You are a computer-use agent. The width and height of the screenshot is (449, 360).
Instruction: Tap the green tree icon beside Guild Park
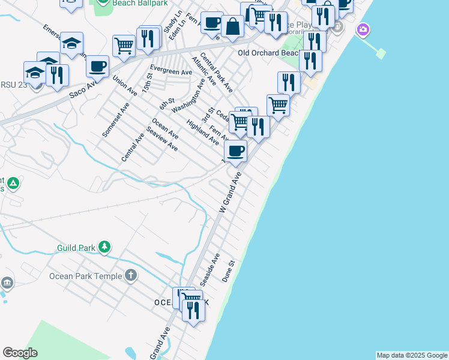coord(104,247)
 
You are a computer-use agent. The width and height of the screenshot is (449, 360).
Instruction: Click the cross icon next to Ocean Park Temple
coord(131,276)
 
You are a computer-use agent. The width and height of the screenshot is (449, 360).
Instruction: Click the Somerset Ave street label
coord(116,119)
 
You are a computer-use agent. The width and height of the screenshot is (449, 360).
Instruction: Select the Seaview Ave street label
coord(162,139)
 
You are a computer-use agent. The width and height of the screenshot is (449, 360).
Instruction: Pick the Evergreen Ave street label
coord(171,71)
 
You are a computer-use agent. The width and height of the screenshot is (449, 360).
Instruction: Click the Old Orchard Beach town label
coord(268,53)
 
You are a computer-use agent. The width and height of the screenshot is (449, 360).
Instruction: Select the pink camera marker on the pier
coord(363,29)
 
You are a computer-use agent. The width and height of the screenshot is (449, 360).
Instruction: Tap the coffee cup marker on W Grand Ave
coord(236,151)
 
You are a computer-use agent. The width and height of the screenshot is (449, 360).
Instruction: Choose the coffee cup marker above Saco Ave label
coord(97,65)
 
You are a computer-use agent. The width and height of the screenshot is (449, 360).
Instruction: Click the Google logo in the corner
coord(20,353)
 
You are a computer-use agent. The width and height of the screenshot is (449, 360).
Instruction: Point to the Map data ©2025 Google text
coord(412,355)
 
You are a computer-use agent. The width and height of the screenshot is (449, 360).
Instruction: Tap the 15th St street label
coord(148,83)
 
